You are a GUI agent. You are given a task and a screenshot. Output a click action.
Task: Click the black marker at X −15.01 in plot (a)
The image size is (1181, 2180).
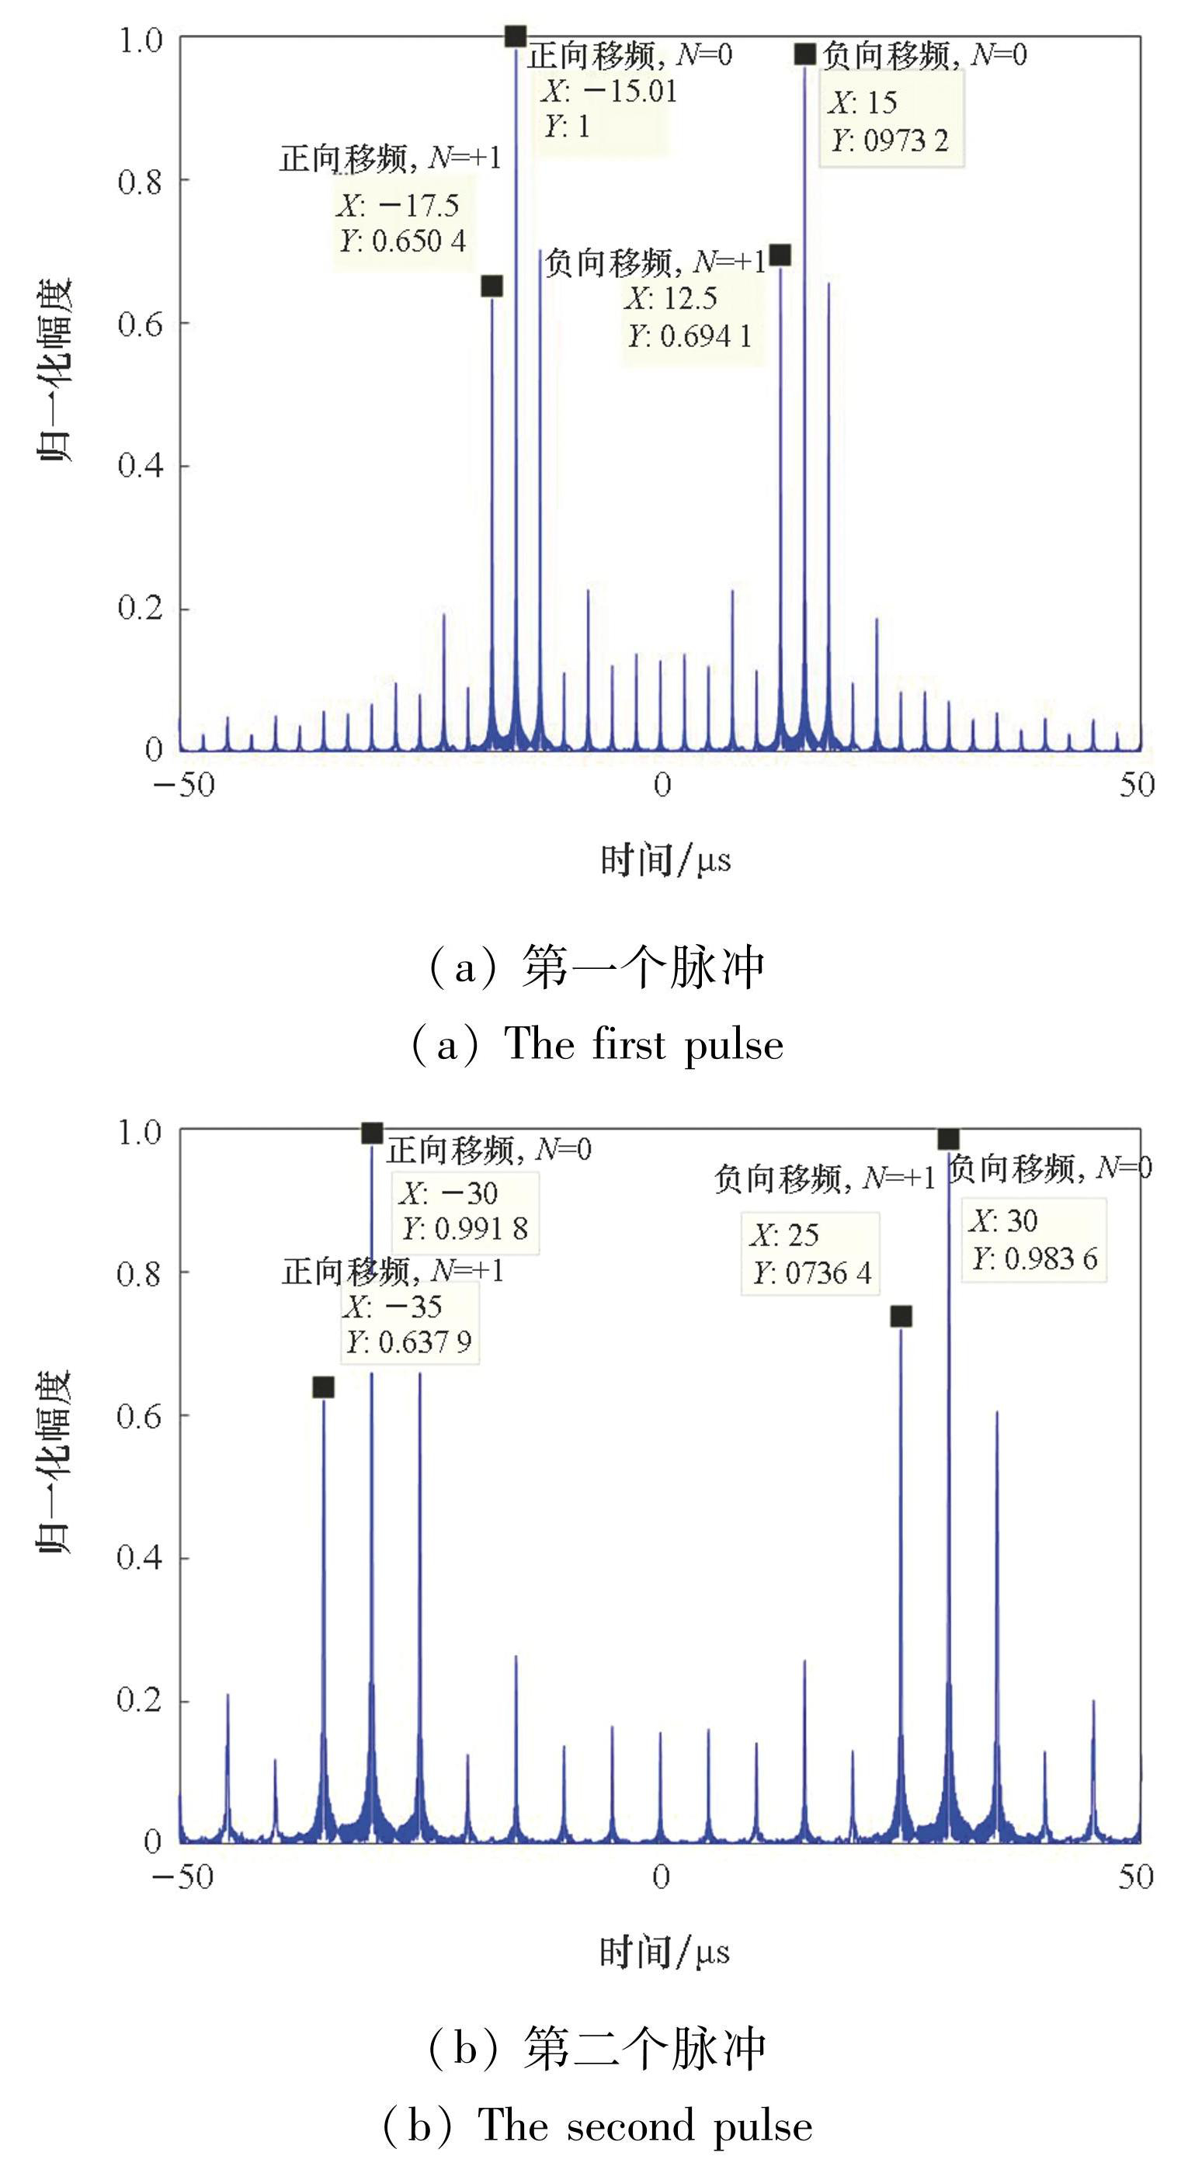(x=516, y=36)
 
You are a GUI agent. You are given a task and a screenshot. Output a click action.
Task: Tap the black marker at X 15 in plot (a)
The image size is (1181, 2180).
(x=805, y=54)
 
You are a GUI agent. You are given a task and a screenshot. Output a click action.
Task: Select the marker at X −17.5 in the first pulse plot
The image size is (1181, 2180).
(x=492, y=286)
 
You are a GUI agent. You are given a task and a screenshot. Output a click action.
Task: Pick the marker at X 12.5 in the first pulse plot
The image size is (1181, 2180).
(x=780, y=255)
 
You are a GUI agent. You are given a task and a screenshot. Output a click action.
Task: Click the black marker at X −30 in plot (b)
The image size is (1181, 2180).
(x=372, y=1133)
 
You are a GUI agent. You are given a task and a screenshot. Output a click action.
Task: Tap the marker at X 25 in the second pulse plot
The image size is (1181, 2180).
(x=901, y=1316)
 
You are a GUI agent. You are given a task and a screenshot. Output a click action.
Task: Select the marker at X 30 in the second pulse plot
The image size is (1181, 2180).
(x=949, y=1138)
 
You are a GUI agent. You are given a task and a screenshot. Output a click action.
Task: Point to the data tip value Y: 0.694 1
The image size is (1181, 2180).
(x=689, y=337)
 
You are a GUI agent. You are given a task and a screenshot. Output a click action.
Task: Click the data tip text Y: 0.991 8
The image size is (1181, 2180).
(x=465, y=1229)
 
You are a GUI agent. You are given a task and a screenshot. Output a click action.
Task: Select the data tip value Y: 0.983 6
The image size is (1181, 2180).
(x=1033, y=1259)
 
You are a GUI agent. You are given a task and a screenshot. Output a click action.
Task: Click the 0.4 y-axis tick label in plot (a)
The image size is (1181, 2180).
(x=140, y=466)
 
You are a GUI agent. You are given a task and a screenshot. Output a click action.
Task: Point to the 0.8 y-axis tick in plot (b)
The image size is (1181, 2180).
(x=140, y=1272)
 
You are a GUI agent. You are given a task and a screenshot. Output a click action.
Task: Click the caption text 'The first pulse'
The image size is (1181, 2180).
(x=644, y=1044)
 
